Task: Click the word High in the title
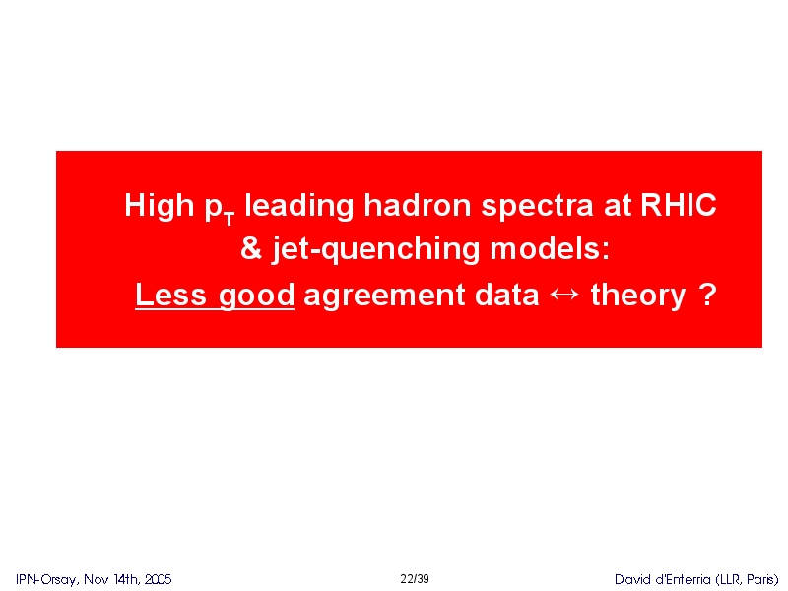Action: (x=159, y=206)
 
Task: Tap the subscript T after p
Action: (x=230, y=219)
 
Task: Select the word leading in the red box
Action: (x=298, y=206)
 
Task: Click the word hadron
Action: (x=418, y=205)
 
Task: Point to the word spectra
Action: (x=537, y=207)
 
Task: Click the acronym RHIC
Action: (x=678, y=205)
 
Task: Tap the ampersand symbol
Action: (x=251, y=248)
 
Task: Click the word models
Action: (x=550, y=248)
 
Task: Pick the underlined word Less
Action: (x=170, y=295)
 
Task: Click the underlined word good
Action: (x=257, y=296)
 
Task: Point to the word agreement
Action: (x=384, y=296)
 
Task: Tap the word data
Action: (x=506, y=295)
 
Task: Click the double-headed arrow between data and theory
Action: (x=564, y=294)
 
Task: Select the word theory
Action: (x=638, y=296)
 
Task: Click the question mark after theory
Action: (x=707, y=295)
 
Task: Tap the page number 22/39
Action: (x=415, y=579)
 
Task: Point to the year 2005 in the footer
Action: (x=159, y=579)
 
